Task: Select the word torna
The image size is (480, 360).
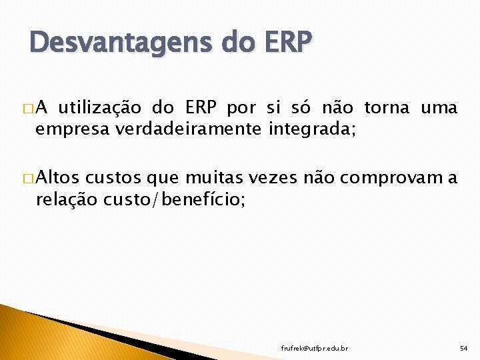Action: tap(387, 107)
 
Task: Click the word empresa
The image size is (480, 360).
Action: tap(73, 129)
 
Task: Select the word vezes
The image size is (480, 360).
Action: tap(273, 178)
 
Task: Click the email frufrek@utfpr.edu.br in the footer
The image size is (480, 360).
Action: tap(314, 348)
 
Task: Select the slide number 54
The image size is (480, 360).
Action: tap(463, 348)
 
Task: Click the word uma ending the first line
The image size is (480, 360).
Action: tap(439, 107)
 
